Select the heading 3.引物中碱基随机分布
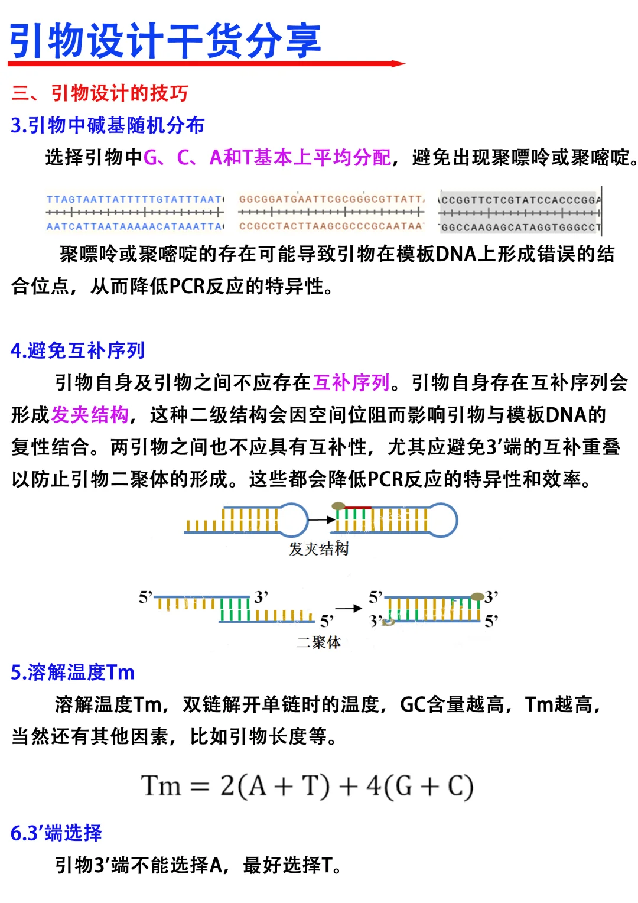click(x=108, y=125)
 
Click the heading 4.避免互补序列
click(x=77, y=350)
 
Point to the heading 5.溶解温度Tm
click(x=73, y=673)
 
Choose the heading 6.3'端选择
click(x=56, y=833)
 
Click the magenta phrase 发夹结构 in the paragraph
click(x=90, y=415)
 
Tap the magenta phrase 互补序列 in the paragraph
click(x=351, y=383)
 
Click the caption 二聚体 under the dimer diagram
click(x=318, y=642)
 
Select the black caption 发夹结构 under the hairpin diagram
click(x=318, y=549)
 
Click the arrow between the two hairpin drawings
click(x=321, y=520)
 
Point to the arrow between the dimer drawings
click(x=349, y=608)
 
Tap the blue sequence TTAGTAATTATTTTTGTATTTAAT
click(x=135, y=200)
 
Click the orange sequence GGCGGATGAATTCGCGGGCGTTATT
click(x=331, y=199)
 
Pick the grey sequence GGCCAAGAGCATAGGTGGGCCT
click(x=520, y=228)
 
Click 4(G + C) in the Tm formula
click(x=420, y=787)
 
